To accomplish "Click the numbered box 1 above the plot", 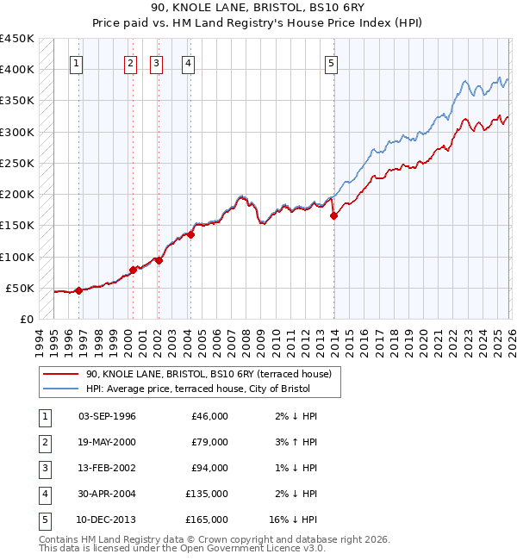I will pos(78,62).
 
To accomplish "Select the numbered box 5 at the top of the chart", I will pos(332,62).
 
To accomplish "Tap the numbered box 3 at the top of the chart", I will pos(157,62).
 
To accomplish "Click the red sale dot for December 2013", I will pos(333,216).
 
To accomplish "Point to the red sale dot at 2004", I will pos(191,234).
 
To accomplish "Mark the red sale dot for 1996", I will pos(78,290).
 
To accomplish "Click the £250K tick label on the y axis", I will pos(17,163).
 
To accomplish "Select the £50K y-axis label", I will pos(21,288).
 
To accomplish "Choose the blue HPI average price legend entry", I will pos(202,389).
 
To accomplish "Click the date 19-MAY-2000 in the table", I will pos(107,442).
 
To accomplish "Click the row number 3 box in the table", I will pos(43,468).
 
